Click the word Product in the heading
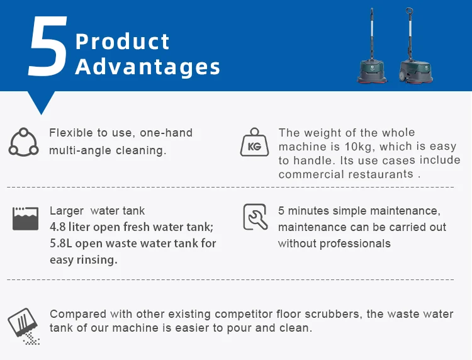(x=123, y=42)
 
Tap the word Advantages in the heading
(x=148, y=67)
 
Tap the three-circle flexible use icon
(x=23, y=142)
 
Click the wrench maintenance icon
(x=255, y=217)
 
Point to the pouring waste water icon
(x=24, y=327)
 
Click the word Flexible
(x=69, y=133)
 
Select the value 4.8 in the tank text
(x=59, y=227)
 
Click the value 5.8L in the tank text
(x=62, y=244)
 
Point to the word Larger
(x=67, y=211)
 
